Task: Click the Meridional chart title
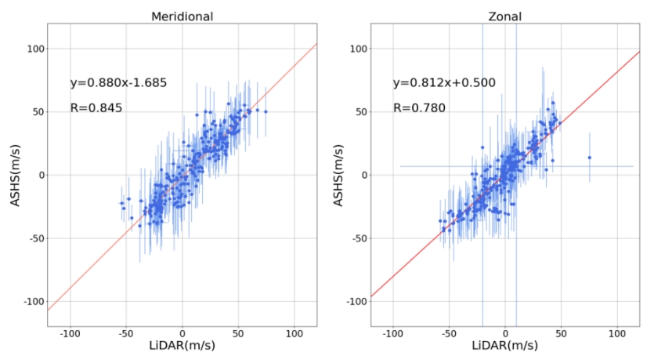tap(183, 15)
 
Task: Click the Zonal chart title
tap(505, 15)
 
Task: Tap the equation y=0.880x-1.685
tap(118, 82)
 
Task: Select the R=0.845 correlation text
tap(96, 108)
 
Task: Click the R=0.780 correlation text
tap(419, 108)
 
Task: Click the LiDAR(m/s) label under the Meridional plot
tap(183, 345)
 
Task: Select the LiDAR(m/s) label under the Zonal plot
tap(505, 345)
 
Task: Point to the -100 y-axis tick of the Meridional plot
tap(33, 301)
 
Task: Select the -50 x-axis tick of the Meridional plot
tap(126, 332)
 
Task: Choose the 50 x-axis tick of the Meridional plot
tap(239, 332)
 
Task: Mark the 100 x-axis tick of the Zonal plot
tap(617, 332)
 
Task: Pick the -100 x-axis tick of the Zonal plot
tap(392, 332)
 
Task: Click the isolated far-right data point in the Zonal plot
tap(590, 158)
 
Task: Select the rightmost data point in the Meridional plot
tap(266, 112)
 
